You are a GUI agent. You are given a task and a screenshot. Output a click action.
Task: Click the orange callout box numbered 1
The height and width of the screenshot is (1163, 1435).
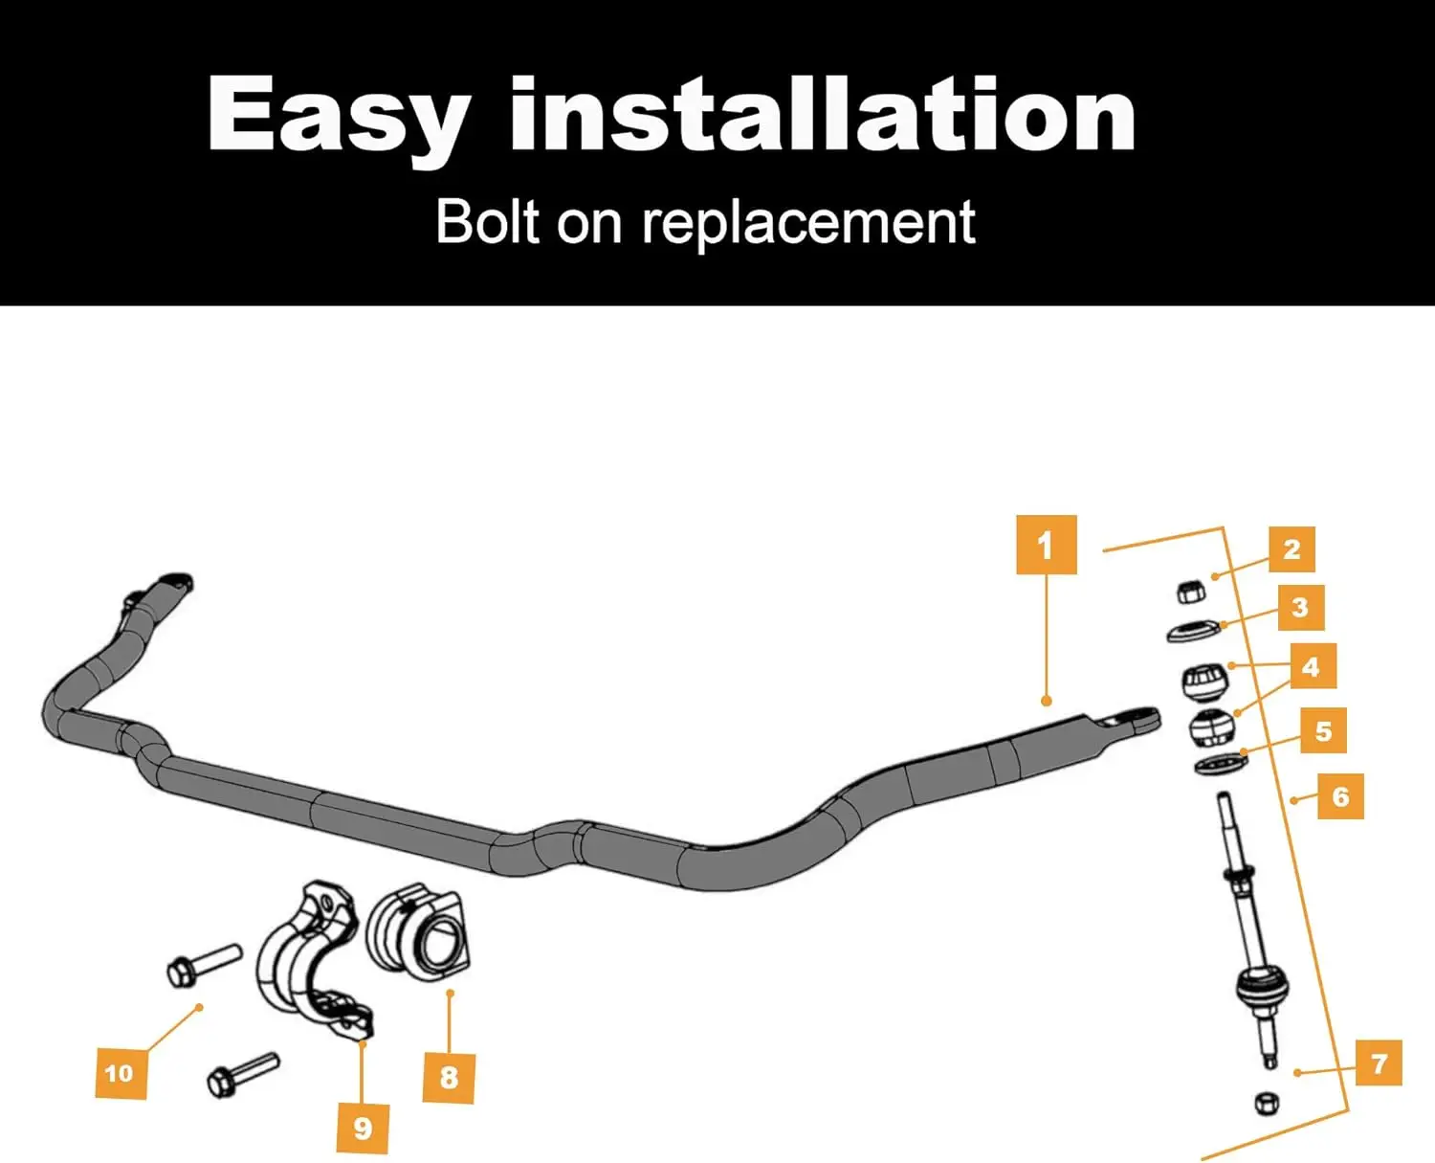pyautogui.click(x=1046, y=545)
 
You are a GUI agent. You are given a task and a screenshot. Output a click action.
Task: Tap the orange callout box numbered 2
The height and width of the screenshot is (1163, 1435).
pyautogui.click(x=1291, y=549)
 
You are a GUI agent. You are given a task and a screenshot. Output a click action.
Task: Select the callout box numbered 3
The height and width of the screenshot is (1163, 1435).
pyautogui.click(x=1300, y=607)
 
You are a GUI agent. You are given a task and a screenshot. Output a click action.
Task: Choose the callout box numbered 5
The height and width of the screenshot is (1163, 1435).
pyautogui.click(x=1323, y=731)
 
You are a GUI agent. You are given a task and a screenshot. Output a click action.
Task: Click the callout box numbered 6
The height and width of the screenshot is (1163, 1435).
pyautogui.click(x=1340, y=796)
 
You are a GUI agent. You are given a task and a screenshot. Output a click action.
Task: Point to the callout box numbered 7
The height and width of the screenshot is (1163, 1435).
pyautogui.click(x=1379, y=1062)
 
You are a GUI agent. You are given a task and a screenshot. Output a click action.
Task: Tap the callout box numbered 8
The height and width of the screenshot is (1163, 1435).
pyautogui.click(x=449, y=1078)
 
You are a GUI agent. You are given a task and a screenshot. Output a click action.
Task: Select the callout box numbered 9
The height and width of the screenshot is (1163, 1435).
pyautogui.click(x=363, y=1128)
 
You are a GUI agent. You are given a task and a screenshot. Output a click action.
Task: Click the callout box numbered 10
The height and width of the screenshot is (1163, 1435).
pyautogui.click(x=120, y=1073)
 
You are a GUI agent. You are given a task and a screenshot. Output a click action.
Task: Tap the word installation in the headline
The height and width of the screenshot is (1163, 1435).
pyautogui.click(x=823, y=117)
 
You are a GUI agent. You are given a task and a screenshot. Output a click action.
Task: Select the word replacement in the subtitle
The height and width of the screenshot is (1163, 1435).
pyautogui.click(x=808, y=223)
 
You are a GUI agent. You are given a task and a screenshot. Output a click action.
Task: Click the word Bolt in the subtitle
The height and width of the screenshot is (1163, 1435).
pyautogui.click(x=489, y=223)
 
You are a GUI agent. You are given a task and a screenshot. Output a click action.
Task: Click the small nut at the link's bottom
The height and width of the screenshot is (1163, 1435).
pyautogui.click(x=1267, y=1103)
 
